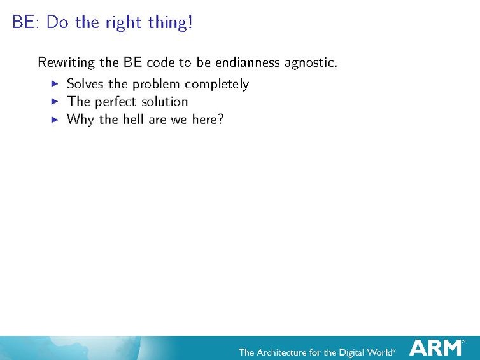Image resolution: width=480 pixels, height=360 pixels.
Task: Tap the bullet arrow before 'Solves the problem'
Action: tap(54, 83)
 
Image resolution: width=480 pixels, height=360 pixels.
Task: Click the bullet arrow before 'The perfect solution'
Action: tap(54, 101)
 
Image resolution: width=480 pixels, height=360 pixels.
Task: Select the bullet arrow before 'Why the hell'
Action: tap(54, 119)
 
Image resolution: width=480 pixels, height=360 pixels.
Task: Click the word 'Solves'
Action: tap(85, 84)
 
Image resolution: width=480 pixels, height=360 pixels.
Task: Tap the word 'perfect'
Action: tap(116, 102)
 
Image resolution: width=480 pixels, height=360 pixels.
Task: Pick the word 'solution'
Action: tap(165, 102)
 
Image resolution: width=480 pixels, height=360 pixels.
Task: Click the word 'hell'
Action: tap(134, 119)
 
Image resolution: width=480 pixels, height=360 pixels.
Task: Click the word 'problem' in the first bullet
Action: tap(155, 84)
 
